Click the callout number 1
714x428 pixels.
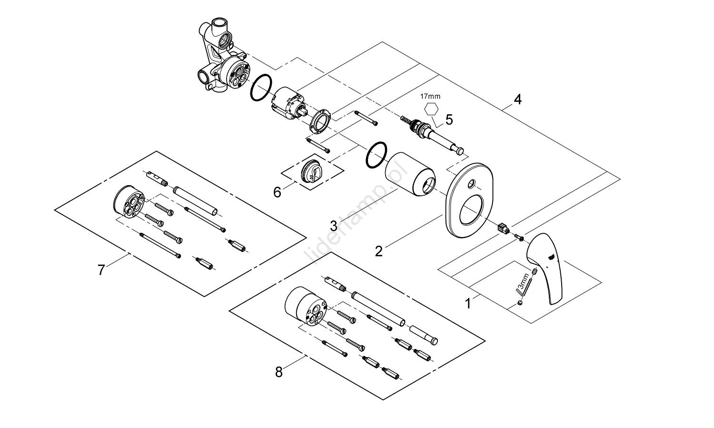468,303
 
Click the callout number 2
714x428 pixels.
378,251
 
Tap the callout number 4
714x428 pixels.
517,100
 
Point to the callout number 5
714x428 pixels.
448,119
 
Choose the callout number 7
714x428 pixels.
101,270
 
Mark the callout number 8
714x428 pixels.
279,372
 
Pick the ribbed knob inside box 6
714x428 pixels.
312,170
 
